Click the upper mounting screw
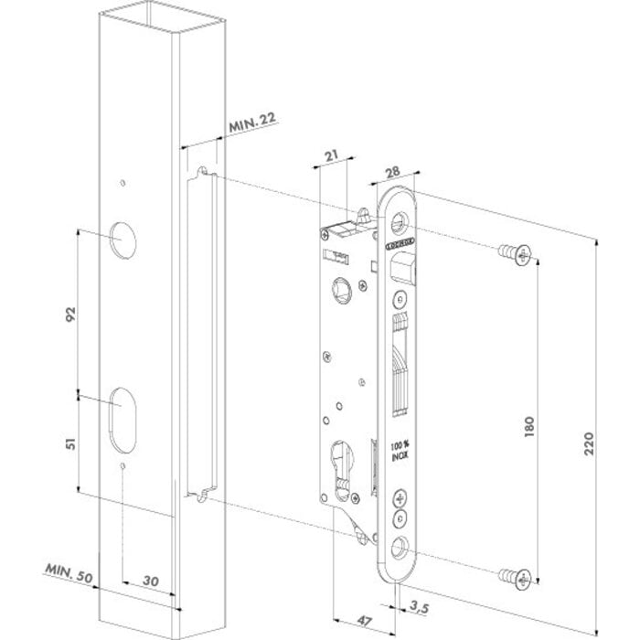click(x=515, y=255)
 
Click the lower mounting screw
click(x=515, y=577)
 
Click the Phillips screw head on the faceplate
click(x=400, y=499)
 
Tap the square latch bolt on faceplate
click(x=403, y=267)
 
